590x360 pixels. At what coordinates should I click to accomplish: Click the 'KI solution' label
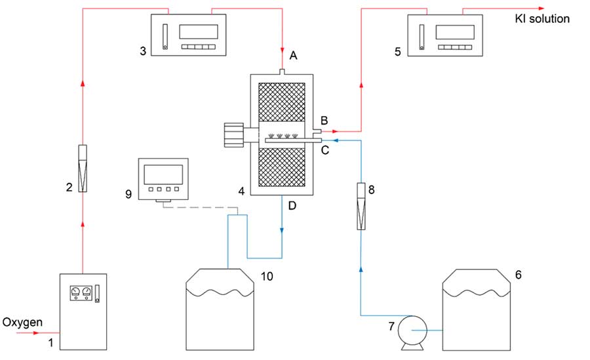click(x=543, y=19)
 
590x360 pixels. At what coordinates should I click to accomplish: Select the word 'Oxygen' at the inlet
click(x=23, y=322)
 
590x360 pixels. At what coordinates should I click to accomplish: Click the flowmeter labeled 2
click(x=83, y=169)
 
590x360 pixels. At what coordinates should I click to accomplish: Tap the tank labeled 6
click(x=477, y=310)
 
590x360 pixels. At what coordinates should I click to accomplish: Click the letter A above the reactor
click(x=293, y=56)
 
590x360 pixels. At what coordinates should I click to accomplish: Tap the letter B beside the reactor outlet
click(x=324, y=121)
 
